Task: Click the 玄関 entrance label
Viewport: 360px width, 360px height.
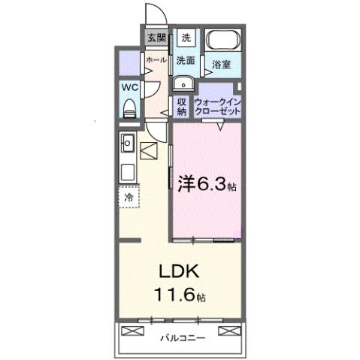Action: point(156,37)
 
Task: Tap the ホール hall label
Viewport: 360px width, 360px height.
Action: point(156,59)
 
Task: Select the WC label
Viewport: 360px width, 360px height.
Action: point(130,87)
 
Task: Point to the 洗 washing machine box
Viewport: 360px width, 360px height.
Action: point(186,37)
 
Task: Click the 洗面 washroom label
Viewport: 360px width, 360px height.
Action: point(186,59)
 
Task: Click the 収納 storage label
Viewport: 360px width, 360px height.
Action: point(182,105)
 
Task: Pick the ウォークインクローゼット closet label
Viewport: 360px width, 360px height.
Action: point(218,105)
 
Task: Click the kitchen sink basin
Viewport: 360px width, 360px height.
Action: point(127,141)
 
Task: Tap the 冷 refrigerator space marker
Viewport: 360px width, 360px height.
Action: point(129,197)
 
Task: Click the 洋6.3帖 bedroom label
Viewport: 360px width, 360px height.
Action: point(207,183)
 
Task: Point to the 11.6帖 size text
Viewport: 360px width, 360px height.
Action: point(180,295)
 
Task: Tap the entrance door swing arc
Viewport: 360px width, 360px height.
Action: point(156,14)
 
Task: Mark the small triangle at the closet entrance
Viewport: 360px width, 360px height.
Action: point(219,128)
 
